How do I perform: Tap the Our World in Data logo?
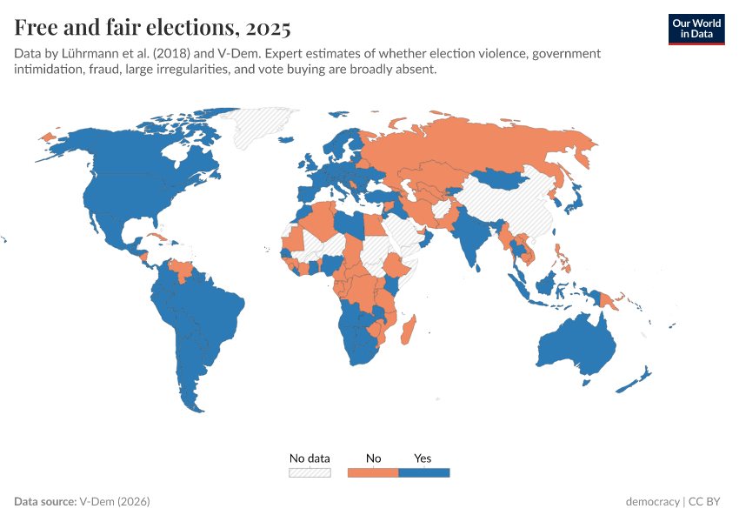[696, 29]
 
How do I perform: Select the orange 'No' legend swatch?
[373, 472]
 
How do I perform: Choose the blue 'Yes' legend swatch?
[423, 472]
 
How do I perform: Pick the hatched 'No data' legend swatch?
[310, 472]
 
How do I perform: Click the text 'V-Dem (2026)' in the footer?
[115, 502]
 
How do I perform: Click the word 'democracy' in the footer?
[652, 502]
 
